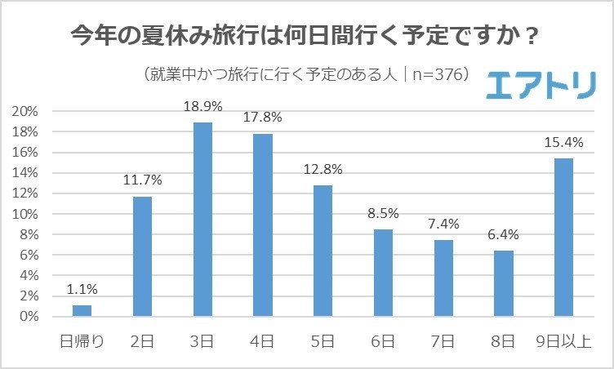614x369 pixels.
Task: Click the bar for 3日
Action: pyautogui.click(x=202, y=219)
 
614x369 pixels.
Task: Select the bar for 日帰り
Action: pyautogui.click(x=82, y=310)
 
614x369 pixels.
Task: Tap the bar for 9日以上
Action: pyautogui.click(x=563, y=237)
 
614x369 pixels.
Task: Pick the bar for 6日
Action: pyautogui.click(x=383, y=272)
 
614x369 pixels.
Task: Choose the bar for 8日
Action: pyautogui.click(x=503, y=282)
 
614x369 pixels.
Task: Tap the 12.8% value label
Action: pyautogui.click(x=323, y=171)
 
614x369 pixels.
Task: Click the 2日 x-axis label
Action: pyautogui.click(x=143, y=340)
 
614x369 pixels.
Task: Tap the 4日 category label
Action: pyautogui.click(x=263, y=340)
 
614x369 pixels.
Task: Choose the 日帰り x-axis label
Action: pyautogui.click(x=82, y=340)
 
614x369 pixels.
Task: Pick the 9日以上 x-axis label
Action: pyautogui.click(x=563, y=340)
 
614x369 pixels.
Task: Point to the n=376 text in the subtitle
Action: pyautogui.click(x=438, y=74)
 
